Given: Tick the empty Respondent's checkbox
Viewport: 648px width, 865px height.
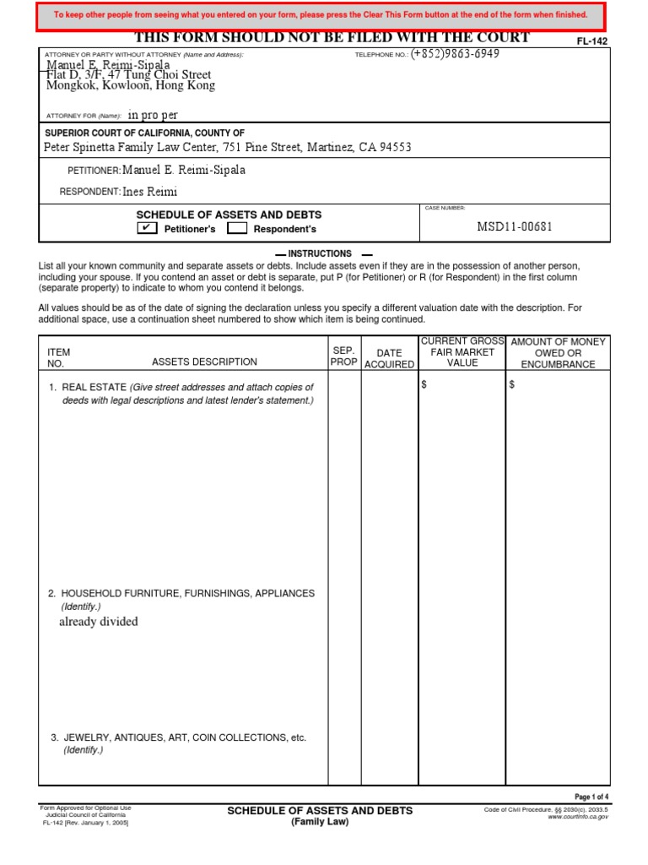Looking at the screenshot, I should point(237,228).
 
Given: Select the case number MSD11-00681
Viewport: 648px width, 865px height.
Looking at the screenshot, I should point(515,226).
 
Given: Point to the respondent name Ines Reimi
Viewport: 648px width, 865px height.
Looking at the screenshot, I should point(150,192).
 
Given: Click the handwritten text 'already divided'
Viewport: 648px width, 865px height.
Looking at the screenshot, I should point(98,622).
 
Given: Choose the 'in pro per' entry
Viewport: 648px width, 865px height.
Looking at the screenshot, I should point(153,115).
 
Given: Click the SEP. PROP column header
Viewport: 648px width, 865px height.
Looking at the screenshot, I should point(344,356).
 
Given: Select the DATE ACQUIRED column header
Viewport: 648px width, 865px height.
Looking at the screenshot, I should point(389,358).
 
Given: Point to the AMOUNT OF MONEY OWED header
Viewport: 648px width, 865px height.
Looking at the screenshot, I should point(558,352).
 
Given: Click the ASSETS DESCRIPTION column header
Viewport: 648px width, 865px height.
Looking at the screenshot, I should point(204,362).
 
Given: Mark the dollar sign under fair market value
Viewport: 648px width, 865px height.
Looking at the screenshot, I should point(424,385).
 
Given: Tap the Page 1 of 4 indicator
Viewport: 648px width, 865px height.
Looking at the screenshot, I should point(591,797).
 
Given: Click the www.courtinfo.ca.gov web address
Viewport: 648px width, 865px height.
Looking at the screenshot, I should point(578,817).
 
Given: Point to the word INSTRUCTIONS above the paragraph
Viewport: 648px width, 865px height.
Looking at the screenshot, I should point(320,253).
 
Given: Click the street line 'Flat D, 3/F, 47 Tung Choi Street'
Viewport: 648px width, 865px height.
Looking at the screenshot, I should point(128,75).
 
